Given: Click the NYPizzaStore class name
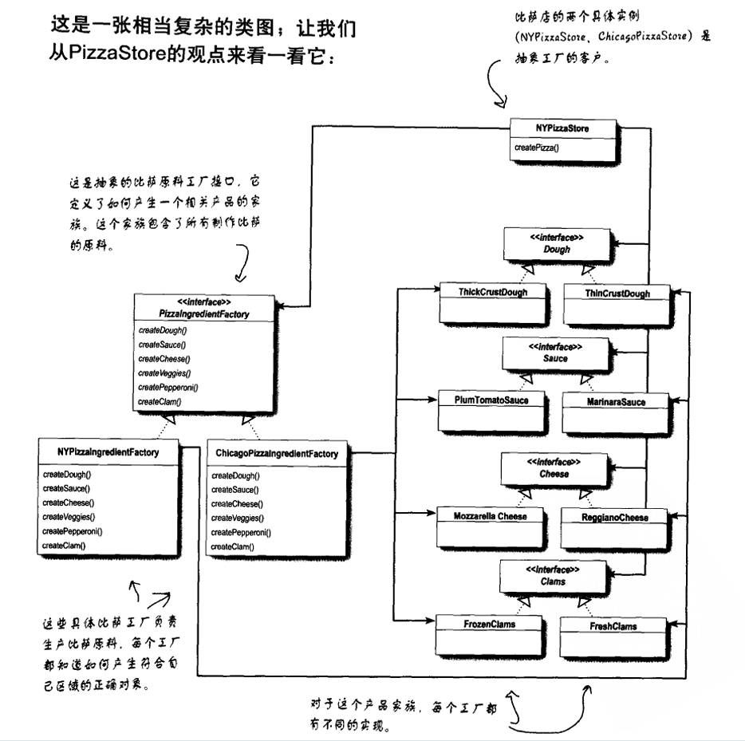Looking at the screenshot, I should [562, 128].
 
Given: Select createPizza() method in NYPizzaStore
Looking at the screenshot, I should [538, 148].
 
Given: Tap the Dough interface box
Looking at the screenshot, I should [556, 243].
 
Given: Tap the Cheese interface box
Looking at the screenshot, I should [554, 468].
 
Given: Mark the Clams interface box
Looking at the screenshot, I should [553, 576].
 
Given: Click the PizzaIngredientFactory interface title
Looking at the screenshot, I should [203, 314].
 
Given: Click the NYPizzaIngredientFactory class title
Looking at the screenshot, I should [108, 452].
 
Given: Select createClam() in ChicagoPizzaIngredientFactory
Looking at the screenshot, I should [232, 546].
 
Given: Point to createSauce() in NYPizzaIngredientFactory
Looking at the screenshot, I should [66, 488].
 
